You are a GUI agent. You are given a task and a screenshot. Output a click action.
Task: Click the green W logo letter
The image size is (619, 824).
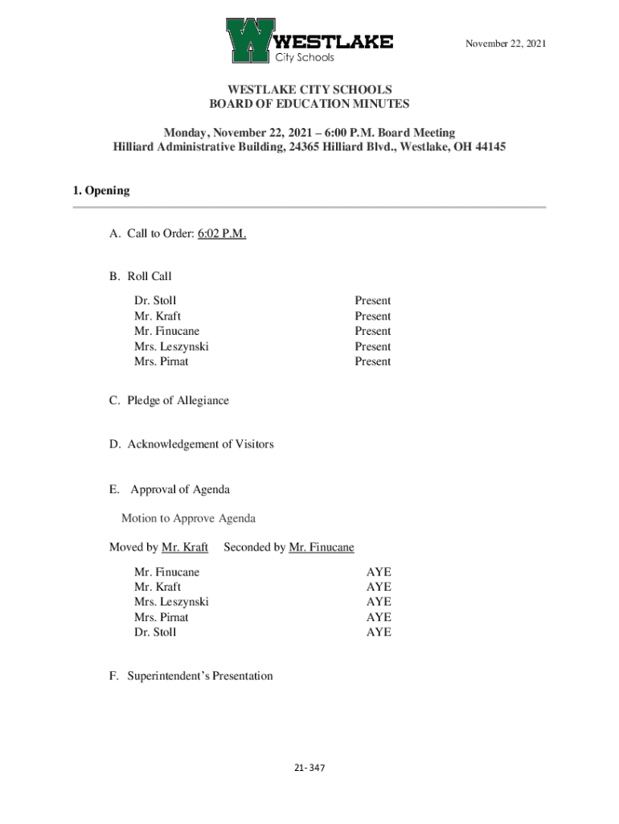pos(249,40)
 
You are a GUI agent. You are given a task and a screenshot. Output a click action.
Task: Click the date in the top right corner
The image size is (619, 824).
pos(506,43)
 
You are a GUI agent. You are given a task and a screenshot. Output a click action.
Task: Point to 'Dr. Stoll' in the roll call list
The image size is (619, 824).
pos(155,301)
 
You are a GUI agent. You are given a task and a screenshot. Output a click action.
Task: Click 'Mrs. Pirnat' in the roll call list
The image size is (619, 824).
pos(162,361)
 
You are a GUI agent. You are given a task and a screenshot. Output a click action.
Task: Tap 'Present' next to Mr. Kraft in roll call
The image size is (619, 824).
pos(373,316)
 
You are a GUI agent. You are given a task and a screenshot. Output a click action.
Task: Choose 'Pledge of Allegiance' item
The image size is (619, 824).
pos(178,401)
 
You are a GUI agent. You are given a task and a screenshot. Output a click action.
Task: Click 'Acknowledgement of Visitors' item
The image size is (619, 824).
pos(200,444)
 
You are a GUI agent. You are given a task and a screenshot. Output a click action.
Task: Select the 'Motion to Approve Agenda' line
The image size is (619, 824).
pos(188,518)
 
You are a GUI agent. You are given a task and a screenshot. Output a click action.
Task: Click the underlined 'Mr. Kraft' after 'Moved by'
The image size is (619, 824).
pos(185,547)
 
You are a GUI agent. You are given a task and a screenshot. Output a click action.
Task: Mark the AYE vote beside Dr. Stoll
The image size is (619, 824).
pos(379,632)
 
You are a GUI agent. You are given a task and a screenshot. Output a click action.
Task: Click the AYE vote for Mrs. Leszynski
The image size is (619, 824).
pos(379,602)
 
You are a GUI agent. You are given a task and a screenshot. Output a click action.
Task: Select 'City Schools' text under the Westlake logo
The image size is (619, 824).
pos(305,58)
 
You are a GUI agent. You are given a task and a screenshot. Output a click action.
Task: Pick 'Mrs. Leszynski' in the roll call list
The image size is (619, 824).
pos(171,347)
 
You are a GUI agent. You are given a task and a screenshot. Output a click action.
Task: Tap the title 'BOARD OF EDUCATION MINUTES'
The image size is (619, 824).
pos(309,104)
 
